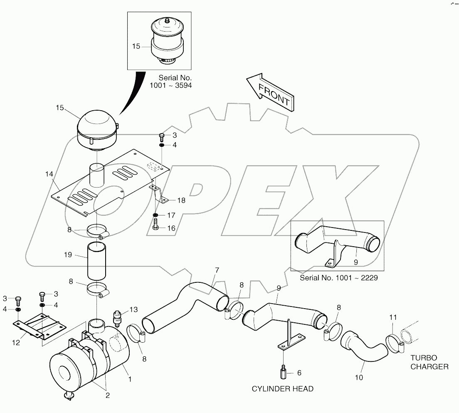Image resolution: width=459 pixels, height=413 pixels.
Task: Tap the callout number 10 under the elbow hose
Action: pos(359,378)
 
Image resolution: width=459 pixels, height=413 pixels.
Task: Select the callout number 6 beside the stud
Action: pos(299,373)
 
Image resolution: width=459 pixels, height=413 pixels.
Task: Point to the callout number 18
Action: pos(181,200)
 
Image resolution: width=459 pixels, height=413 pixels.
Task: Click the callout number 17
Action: pos(171,215)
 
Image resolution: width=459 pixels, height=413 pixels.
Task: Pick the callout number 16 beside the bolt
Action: pos(171,228)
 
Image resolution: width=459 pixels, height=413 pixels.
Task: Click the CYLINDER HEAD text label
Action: pos(282,389)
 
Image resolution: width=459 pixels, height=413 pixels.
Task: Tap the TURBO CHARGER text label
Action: pos(429,362)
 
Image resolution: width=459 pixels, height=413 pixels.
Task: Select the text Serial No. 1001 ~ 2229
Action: pos(338,278)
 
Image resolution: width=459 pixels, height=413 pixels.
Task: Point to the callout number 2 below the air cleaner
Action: pos(107,396)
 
